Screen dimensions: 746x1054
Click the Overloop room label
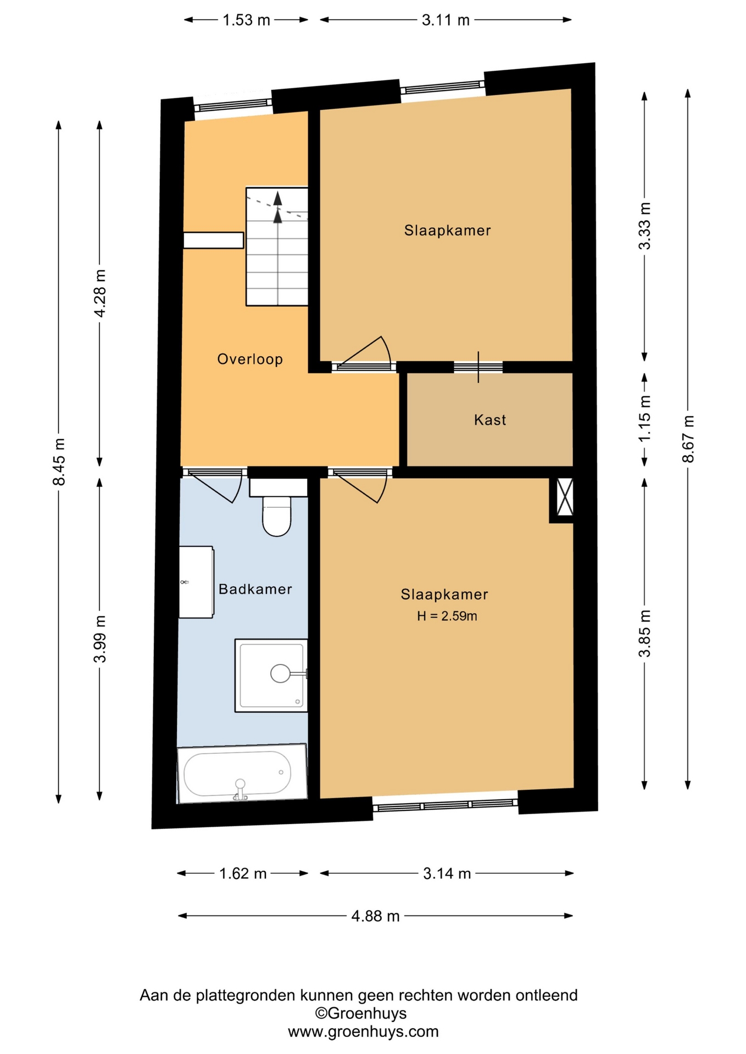[250, 359]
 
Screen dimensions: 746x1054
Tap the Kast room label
[490, 420]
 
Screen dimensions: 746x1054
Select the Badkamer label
[255, 589]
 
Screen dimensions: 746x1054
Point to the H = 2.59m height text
[447, 616]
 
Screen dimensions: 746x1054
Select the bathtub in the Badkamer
[242, 773]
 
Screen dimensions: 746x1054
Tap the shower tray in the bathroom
[271, 675]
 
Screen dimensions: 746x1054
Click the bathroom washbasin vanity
[196, 582]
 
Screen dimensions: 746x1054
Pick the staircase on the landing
[277, 246]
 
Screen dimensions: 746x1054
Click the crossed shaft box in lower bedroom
[565, 497]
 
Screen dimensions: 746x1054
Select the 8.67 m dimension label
[688, 439]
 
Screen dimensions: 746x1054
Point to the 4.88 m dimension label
[375, 916]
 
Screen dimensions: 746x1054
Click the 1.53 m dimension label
[246, 20]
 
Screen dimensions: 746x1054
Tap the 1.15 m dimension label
[644, 418]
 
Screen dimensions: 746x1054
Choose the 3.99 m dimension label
[99, 639]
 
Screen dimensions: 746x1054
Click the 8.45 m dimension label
[59, 462]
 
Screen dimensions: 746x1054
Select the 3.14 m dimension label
[447, 873]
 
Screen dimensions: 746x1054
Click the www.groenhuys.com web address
[363, 1031]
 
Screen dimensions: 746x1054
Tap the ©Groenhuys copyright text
[360, 1013]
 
